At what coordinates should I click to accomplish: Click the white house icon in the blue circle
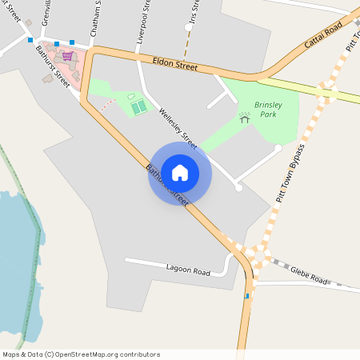180,172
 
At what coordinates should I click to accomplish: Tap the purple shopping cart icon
67,56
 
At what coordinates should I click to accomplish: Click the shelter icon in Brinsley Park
245,116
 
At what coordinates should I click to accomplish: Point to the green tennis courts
139,106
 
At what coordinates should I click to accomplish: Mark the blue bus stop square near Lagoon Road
246,297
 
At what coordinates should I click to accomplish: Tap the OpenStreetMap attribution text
80,354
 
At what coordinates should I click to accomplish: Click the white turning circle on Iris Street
189,27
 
